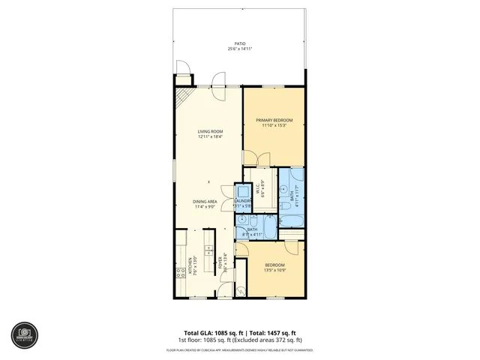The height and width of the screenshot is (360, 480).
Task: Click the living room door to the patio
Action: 217,80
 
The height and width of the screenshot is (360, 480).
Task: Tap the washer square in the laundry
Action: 241,192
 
